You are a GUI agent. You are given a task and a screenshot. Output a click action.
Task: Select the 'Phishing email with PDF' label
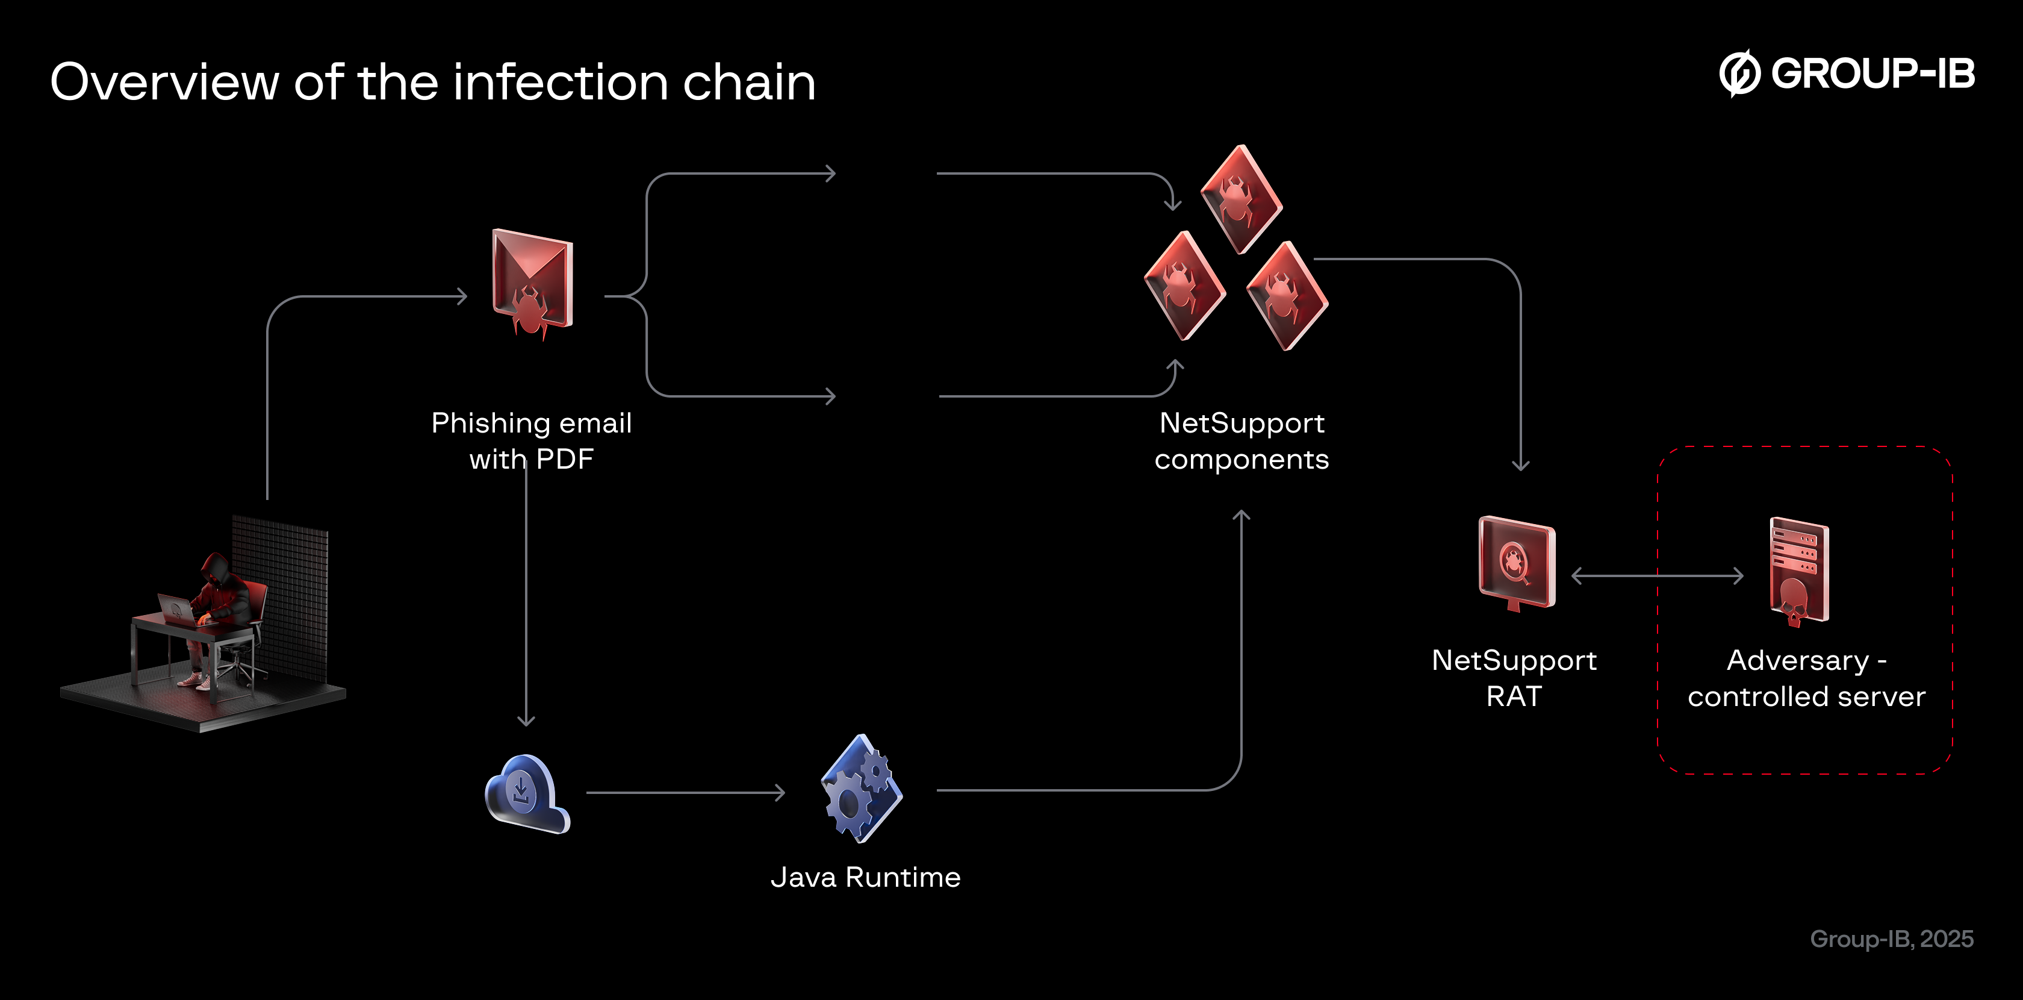[532, 441]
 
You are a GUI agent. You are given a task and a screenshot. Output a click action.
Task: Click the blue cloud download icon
[526, 793]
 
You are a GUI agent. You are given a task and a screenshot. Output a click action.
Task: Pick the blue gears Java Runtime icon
[862, 789]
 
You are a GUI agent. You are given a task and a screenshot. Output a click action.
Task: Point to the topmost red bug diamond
[1241, 199]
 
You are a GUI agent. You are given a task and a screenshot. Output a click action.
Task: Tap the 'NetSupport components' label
[1241, 441]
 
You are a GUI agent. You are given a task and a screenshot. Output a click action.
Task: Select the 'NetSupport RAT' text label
[1514, 678]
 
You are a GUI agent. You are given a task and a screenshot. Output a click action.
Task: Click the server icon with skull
[1798, 571]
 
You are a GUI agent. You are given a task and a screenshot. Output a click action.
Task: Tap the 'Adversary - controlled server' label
[1806, 678]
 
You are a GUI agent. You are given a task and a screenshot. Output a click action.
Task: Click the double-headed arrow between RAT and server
[1657, 576]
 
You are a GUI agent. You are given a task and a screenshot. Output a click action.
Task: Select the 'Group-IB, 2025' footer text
[1891, 939]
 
